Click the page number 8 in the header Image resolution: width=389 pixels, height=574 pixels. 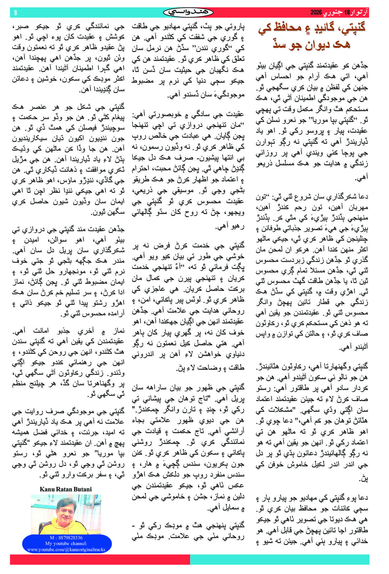pos(15,13)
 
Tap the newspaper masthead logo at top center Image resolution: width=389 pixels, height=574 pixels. pos(188,13)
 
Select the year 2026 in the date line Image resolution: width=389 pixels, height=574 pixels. pos(316,13)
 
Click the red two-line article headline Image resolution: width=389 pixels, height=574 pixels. pos(312,35)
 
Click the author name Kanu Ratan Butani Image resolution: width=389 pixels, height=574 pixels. pos(66,489)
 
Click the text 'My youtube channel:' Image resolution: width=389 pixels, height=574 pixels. pos(66,543)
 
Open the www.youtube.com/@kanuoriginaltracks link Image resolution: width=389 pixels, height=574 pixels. pos(66,549)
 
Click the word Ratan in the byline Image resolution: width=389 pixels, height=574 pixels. pos(64,489)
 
